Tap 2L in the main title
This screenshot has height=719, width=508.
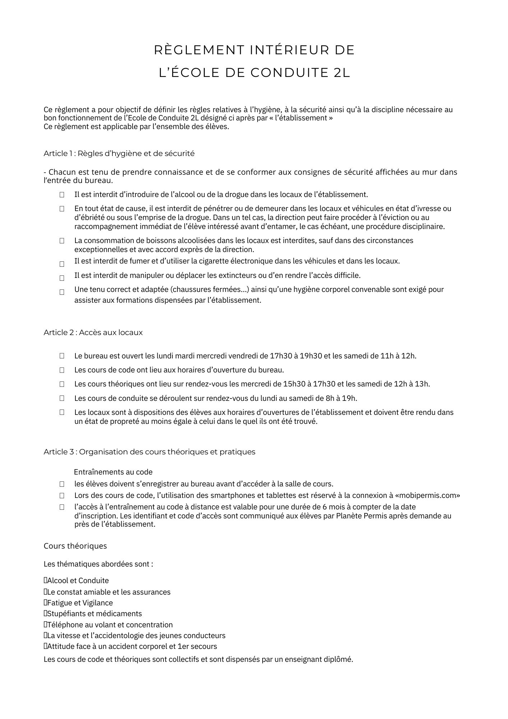tap(342, 73)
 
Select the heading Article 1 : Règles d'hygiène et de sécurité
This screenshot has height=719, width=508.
tap(119, 154)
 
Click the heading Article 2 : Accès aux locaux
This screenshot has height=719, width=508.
tap(93, 333)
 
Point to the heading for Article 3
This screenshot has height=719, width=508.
tap(149, 452)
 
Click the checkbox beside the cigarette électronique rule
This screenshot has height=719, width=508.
tap(62, 264)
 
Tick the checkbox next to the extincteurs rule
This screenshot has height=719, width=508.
tap(62, 278)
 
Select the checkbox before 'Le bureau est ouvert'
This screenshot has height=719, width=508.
tap(62, 356)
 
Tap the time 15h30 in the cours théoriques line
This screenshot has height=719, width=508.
tap(294, 384)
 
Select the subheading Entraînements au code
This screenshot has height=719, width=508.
tap(113, 472)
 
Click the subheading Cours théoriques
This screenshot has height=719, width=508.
tap(75, 546)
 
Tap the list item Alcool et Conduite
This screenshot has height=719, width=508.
tap(78, 581)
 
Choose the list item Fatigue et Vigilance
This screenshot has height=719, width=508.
tap(80, 603)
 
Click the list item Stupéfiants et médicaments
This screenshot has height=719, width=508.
tap(94, 614)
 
